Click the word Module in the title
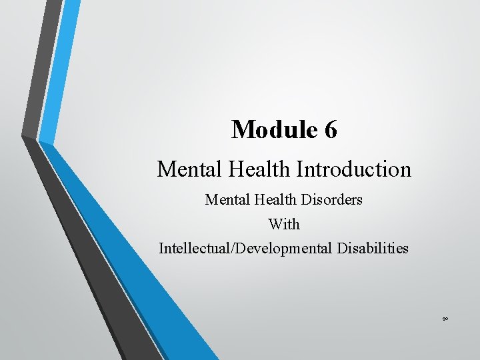pyautogui.click(x=274, y=129)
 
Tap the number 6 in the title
pyautogui.click(x=331, y=129)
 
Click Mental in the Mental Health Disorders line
pyautogui.click(x=225, y=199)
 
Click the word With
pyautogui.click(x=284, y=224)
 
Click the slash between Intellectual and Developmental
pyautogui.click(x=229, y=249)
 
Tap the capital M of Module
pyautogui.click(x=241, y=129)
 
